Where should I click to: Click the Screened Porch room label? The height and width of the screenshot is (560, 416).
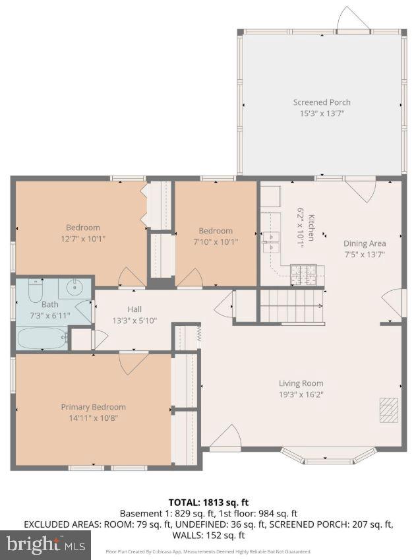(x=322, y=102)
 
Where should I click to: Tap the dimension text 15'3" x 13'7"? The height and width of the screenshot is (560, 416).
(x=322, y=113)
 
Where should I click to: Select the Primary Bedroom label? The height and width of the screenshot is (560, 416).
(x=93, y=407)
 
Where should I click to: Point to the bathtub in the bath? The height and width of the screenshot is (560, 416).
(x=42, y=339)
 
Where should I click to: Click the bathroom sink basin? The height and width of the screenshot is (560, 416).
(x=74, y=288)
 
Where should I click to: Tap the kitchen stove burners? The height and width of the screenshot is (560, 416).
(x=305, y=270)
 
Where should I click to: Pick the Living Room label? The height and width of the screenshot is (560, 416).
(x=301, y=383)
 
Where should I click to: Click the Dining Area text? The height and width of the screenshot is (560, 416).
(x=365, y=243)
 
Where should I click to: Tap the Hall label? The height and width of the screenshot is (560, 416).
(x=134, y=309)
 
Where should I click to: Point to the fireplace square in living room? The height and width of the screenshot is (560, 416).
(x=389, y=409)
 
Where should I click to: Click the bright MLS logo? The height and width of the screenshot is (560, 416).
(x=45, y=545)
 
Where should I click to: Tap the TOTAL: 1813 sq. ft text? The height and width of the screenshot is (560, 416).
(x=208, y=502)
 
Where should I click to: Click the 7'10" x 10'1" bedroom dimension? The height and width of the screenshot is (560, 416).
(x=216, y=241)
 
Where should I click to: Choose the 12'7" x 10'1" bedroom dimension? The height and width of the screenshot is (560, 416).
(x=82, y=239)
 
